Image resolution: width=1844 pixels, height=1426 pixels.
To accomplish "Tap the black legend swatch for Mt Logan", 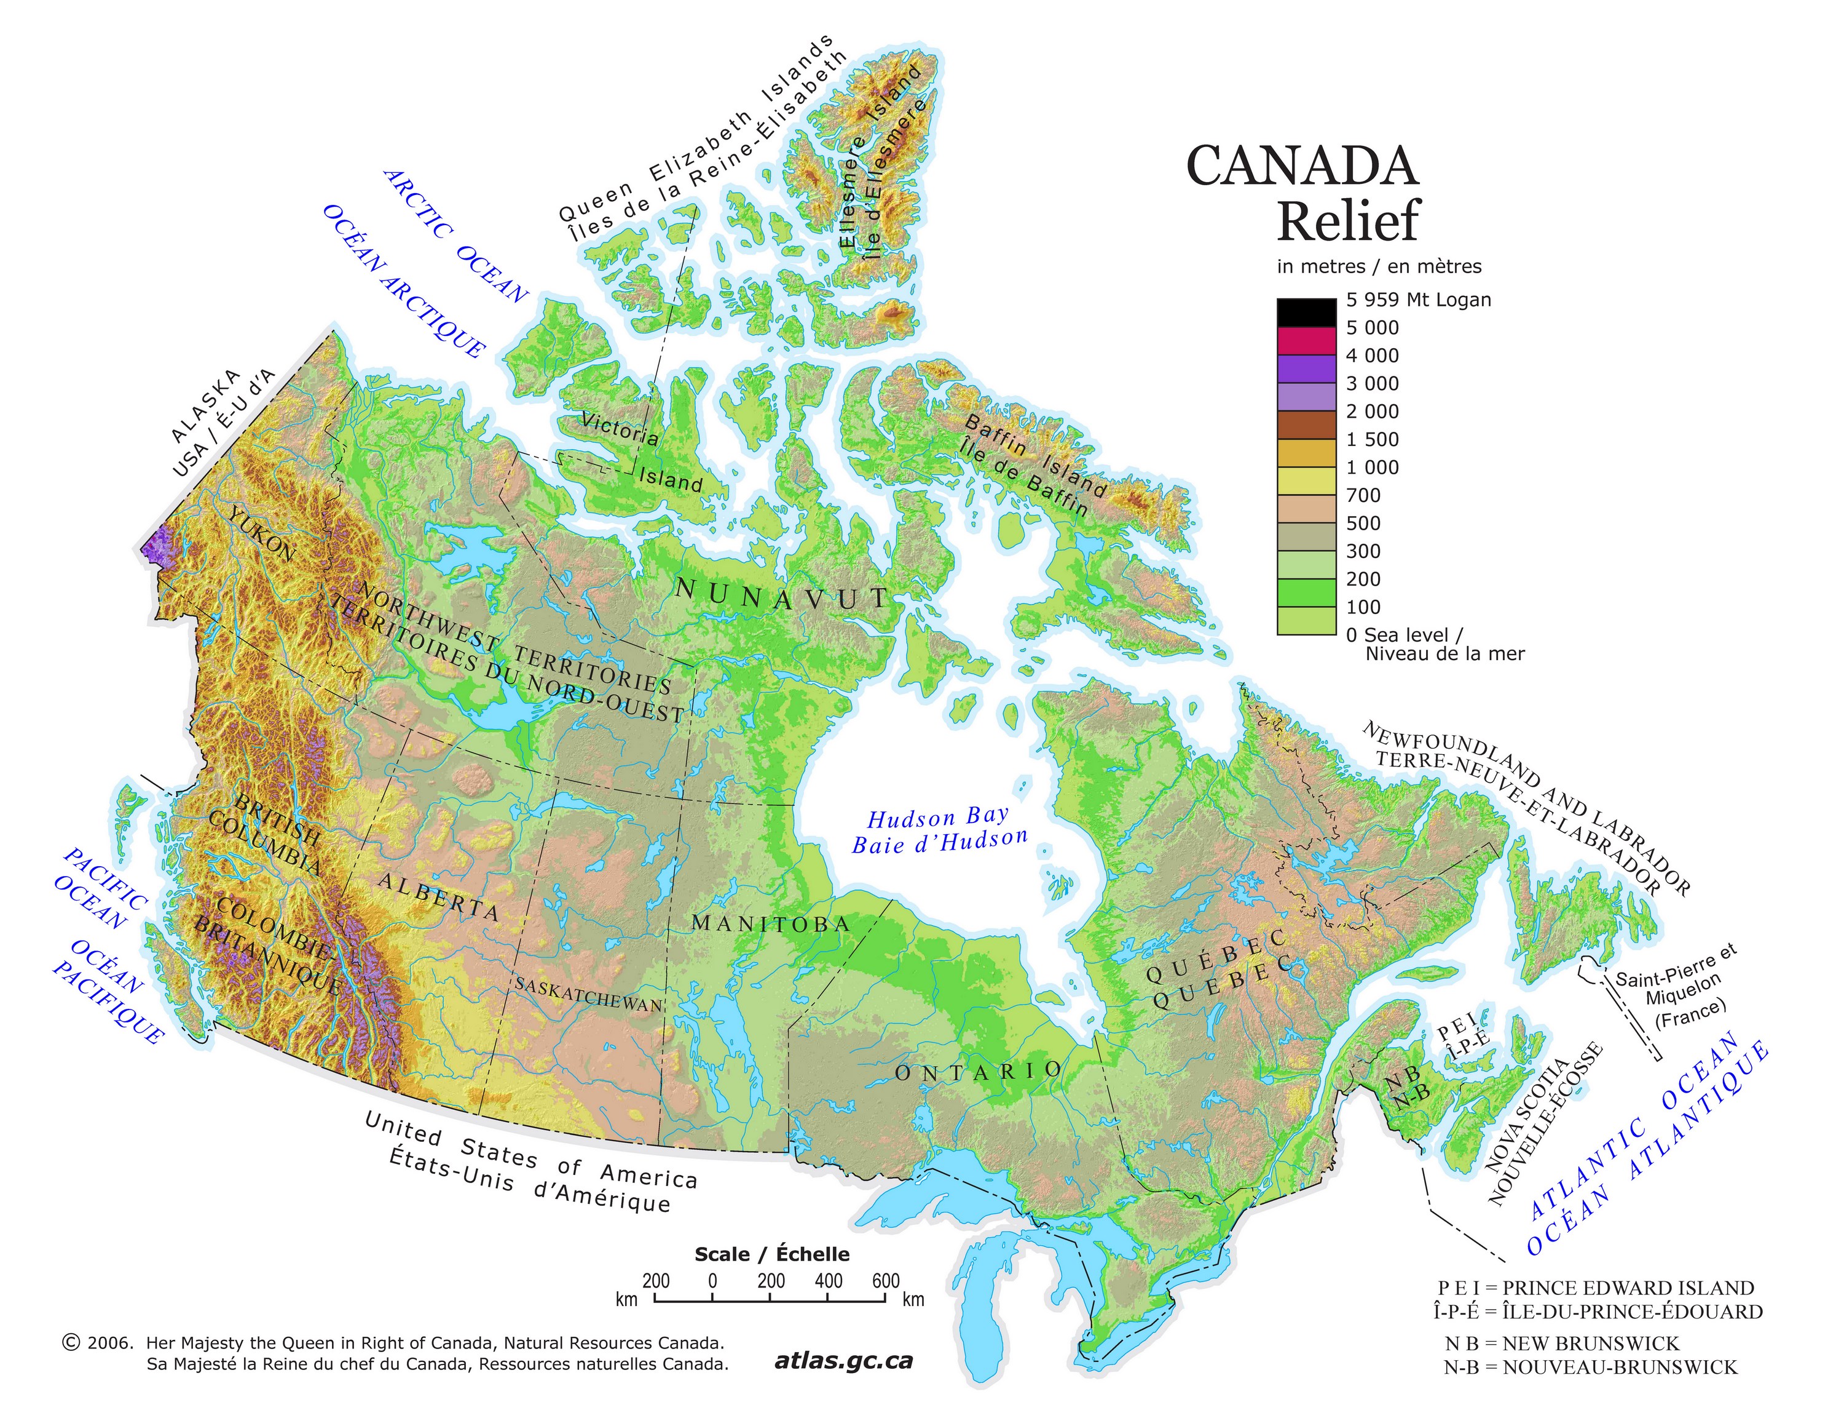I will coord(1306,312).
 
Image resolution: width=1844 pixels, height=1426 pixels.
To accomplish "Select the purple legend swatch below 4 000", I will coord(1306,368).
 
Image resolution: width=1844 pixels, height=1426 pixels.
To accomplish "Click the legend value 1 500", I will coord(1372,439).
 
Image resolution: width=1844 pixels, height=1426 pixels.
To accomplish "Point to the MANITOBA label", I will coord(770,923).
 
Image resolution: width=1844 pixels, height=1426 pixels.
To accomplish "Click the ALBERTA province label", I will coord(438,896).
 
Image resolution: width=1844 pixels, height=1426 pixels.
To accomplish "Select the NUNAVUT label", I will coord(781,595).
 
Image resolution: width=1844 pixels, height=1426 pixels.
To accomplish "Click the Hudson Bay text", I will coord(938,817).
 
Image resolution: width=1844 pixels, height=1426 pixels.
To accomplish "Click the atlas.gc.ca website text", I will coord(843,1360).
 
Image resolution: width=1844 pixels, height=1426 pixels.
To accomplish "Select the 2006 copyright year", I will coord(109,1342).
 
